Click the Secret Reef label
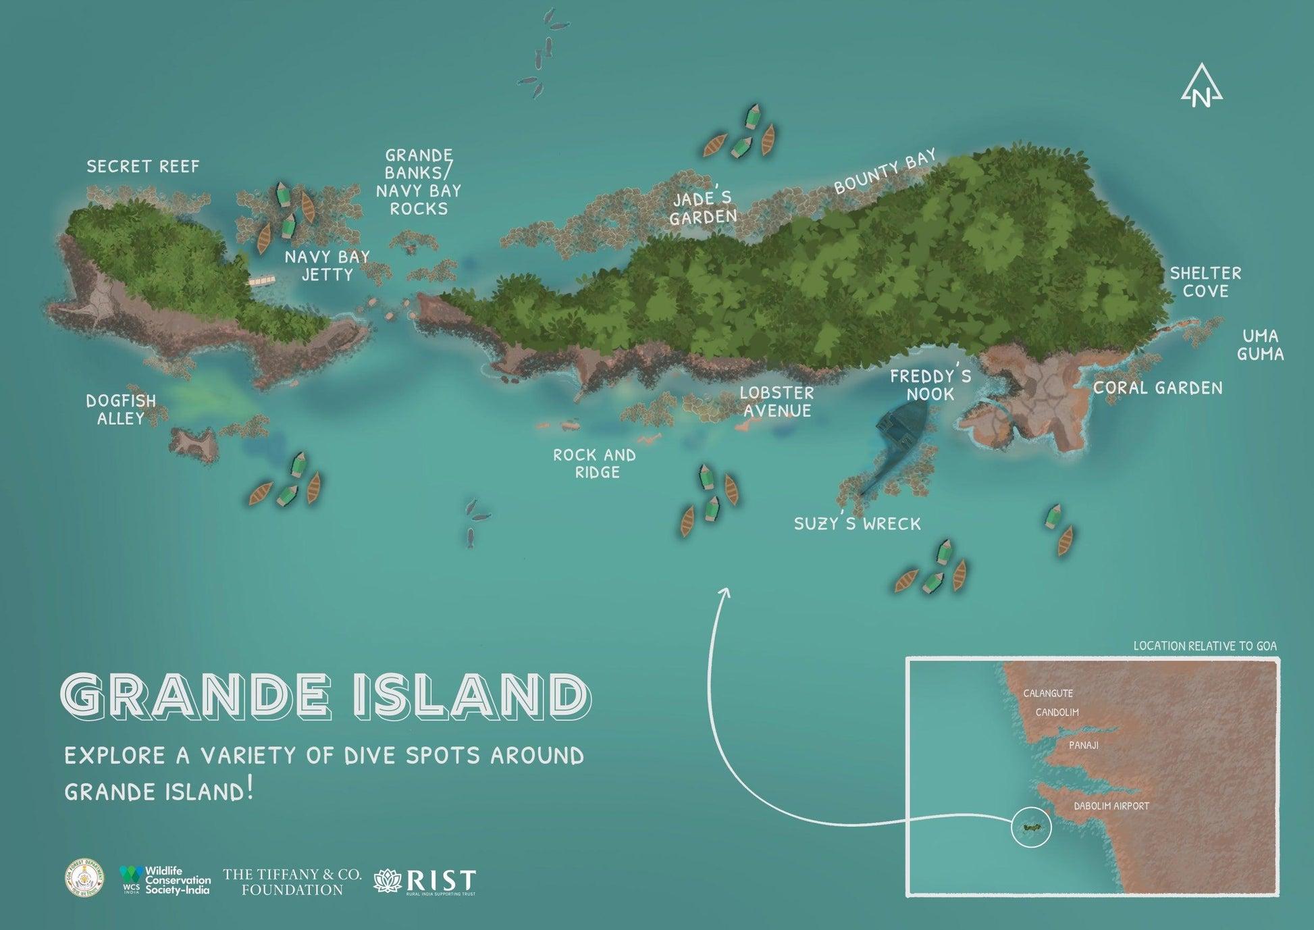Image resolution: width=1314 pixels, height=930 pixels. click(143, 166)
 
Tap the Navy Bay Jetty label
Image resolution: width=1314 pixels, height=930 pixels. click(327, 265)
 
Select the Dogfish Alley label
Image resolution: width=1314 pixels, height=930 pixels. click(121, 409)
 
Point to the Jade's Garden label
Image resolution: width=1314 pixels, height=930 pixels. click(703, 208)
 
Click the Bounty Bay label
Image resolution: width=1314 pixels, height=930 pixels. click(885, 172)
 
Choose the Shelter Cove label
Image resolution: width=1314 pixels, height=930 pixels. click(1205, 282)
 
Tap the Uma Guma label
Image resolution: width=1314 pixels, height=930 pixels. click(1260, 344)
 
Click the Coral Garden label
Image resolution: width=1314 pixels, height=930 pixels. click(1157, 388)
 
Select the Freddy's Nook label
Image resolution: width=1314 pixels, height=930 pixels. click(930, 385)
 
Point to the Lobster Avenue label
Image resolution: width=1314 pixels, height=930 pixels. click(777, 401)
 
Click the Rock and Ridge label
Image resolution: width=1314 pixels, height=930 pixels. click(595, 463)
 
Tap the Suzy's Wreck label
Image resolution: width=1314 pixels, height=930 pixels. click(857, 523)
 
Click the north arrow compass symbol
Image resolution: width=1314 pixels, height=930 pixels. click(1201, 86)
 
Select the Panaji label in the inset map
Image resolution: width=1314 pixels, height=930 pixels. click(1084, 745)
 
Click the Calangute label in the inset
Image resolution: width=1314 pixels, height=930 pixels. click(1047, 693)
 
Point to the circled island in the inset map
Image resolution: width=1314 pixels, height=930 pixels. click(1031, 827)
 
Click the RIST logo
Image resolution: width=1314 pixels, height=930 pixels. click(425, 882)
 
